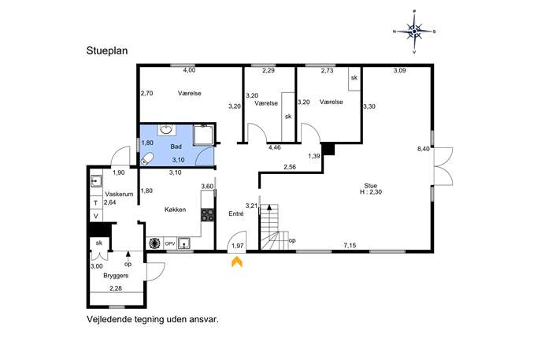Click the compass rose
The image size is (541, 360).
point(414,32)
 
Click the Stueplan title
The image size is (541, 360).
point(107,50)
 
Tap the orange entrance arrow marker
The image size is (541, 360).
point(237,262)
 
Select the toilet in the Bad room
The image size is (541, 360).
point(147,159)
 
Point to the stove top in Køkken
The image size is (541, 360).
point(208,215)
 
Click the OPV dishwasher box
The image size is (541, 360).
point(170,243)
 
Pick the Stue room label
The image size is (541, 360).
point(371,186)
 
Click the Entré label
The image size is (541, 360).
point(236,214)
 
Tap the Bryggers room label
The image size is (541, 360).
point(116,276)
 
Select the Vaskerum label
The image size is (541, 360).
point(119,194)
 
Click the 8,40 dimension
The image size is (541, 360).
point(424,149)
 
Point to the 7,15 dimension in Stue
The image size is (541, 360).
point(350,246)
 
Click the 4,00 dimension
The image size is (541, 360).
point(189,70)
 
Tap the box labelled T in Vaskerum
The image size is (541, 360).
point(96,203)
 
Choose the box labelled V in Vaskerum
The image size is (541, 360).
point(96,216)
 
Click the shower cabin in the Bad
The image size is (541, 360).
point(204,135)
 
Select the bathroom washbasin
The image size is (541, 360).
point(167,130)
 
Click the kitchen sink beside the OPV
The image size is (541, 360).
point(184,243)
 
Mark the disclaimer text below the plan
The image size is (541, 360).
point(153,319)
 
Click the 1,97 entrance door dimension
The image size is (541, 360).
point(238,246)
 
